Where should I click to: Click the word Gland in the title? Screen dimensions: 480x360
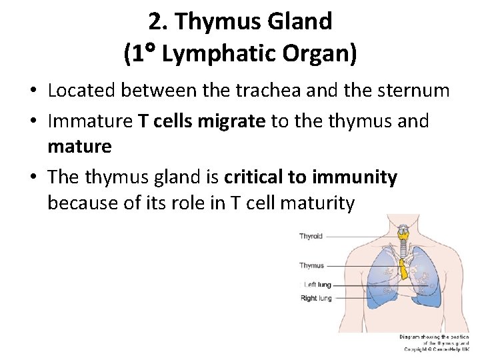(299, 21)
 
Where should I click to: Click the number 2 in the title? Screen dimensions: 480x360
(155, 21)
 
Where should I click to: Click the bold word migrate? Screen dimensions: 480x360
(228, 121)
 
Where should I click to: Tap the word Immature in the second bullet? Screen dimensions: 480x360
(91, 121)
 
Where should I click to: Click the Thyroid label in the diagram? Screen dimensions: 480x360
(311, 236)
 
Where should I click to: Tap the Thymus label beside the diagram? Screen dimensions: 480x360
(311, 265)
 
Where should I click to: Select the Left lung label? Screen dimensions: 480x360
(317, 285)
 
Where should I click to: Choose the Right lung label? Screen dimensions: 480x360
(315, 298)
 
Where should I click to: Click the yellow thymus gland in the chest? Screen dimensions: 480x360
(403, 269)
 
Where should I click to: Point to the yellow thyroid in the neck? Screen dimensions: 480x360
(402, 234)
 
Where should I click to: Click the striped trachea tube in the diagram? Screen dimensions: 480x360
(402, 249)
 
